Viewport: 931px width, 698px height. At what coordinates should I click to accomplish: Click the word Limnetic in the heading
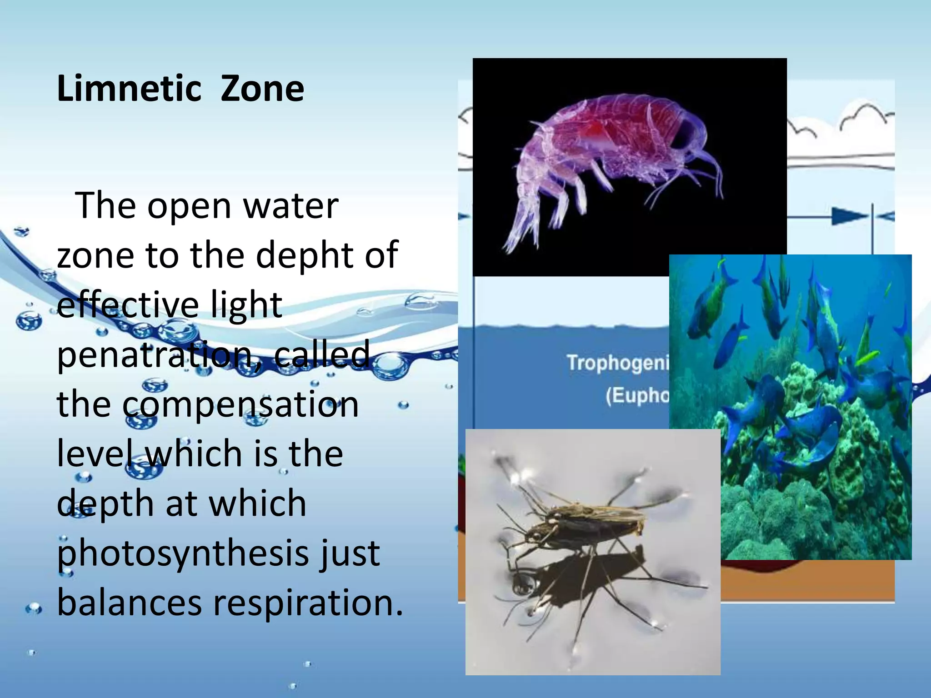pyautogui.click(x=129, y=89)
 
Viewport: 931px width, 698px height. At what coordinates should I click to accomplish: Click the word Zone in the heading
pyautogui.click(x=262, y=89)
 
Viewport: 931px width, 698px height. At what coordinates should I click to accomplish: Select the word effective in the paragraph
pyautogui.click(x=127, y=304)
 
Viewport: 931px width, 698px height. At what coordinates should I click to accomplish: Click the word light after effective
pyautogui.click(x=246, y=305)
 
